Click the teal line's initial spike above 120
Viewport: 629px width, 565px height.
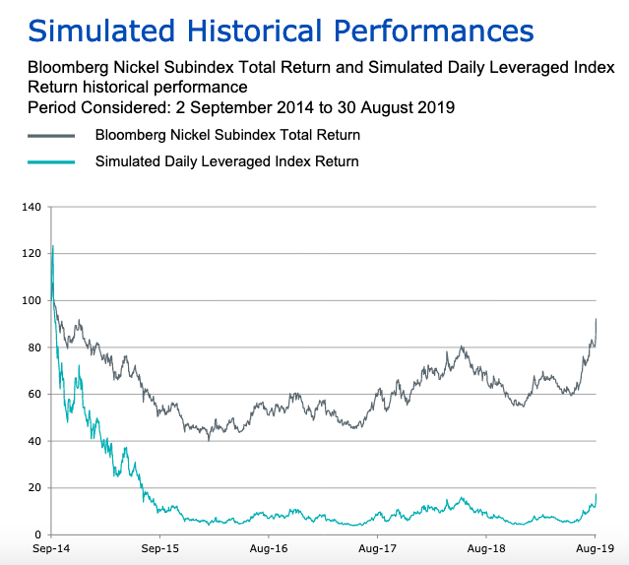[x=52, y=247]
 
